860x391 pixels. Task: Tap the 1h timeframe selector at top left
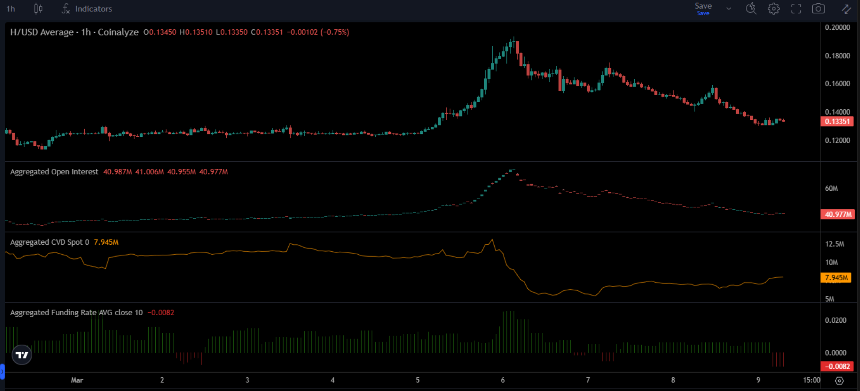[x=11, y=9]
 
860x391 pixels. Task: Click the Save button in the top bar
[x=703, y=8]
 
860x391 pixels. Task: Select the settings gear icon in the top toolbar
[x=773, y=9]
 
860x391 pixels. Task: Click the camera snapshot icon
[x=818, y=9]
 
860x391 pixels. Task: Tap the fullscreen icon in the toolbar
[x=796, y=9]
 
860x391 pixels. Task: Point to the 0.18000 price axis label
[x=837, y=56]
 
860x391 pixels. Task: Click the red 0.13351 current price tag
[x=837, y=122]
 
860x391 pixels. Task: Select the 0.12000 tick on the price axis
[x=837, y=141]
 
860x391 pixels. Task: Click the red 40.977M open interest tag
[x=837, y=214]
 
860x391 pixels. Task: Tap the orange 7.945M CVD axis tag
[x=836, y=278]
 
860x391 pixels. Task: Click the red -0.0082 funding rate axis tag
[x=837, y=366]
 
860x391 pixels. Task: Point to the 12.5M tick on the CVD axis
[x=834, y=244]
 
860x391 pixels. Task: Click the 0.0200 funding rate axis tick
[x=835, y=320]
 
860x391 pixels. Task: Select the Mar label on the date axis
[x=77, y=380]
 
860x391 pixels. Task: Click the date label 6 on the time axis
[x=503, y=380]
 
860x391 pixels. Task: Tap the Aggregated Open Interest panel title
[x=54, y=172]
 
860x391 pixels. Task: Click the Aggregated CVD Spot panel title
[x=49, y=242]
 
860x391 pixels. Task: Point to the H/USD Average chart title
[x=42, y=32]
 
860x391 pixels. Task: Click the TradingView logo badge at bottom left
[x=22, y=355]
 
